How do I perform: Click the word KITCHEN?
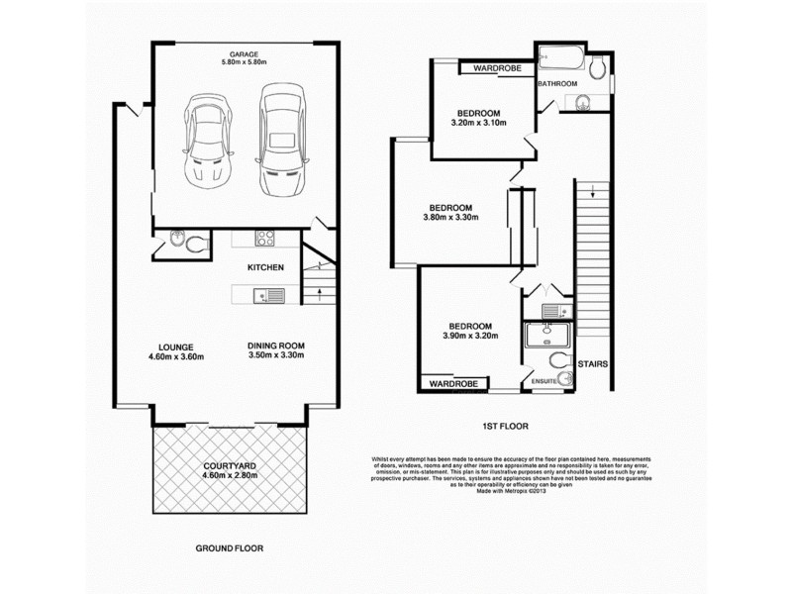click(265, 267)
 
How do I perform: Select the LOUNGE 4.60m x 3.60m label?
click(175, 351)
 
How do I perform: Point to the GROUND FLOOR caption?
click(230, 546)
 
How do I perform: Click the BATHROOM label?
click(557, 84)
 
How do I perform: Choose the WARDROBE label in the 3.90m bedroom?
click(454, 383)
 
